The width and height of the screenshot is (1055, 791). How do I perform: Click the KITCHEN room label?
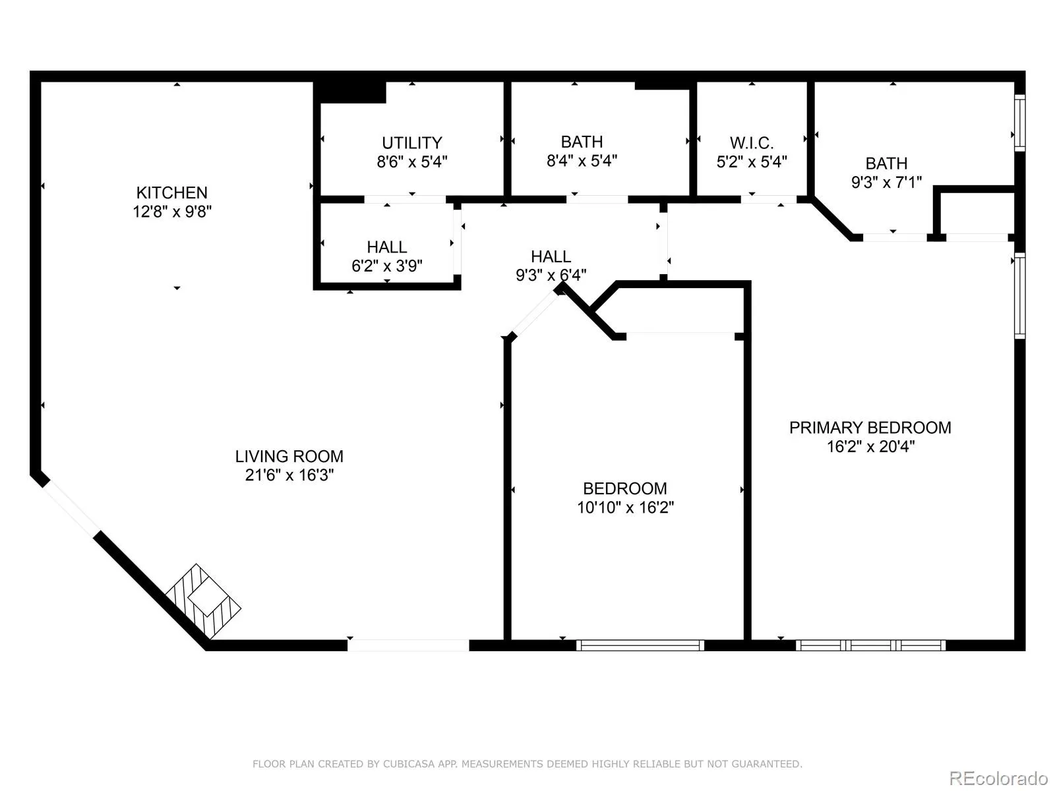click(x=171, y=192)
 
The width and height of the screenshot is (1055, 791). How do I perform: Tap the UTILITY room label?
click(x=412, y=142)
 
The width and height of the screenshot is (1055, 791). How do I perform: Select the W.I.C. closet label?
click(x=751, y=142)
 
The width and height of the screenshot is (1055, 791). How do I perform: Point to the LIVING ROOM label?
click(x=289, y=455)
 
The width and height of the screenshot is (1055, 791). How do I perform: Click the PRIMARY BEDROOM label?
click(x=870, y=427)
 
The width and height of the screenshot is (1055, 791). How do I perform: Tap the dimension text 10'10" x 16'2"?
click(x=625, y=507)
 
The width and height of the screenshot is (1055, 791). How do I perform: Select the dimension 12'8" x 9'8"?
click(x=172, y=212)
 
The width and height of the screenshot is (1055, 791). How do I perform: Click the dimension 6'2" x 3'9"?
click(x=387, y=266)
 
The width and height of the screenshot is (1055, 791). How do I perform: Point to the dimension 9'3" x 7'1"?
click(x=886, y=183)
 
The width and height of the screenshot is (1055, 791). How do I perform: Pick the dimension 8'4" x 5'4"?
click(x=582, y=160)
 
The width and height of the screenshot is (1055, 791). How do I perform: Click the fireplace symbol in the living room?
click(x=203, y=601)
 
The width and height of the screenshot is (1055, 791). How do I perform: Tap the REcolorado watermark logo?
click(x=998, y=778)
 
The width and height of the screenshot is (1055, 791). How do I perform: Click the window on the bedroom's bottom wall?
click(x=640, y=645)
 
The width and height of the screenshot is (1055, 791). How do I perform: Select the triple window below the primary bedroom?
click(x=870, y=645)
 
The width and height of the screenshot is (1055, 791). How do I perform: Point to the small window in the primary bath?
click(x=1019, y=123)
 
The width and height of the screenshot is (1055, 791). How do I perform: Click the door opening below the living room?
click(x=408, y=645)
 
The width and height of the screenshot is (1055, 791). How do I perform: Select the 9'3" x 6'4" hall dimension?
click(x=551, y=275)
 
